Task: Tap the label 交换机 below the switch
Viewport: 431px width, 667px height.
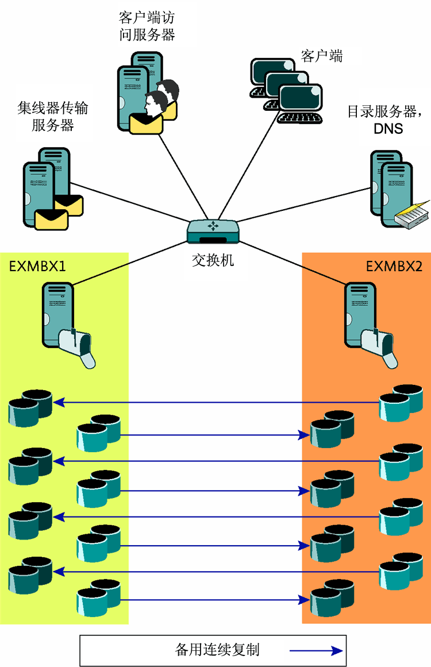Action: [213, 260]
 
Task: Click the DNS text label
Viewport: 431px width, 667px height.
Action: [388, 129]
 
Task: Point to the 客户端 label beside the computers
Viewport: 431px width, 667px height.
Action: [322, 56]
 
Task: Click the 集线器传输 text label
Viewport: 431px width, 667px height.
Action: [53, 108]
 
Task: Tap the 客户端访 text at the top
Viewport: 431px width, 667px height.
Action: [147, 17]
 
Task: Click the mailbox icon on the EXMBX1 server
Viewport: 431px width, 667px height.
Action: [78, 347]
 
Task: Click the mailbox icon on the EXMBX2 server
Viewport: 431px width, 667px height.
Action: [380, 346]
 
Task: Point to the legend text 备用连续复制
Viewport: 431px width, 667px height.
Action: [217, 650]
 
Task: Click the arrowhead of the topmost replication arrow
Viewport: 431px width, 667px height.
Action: [58, 403]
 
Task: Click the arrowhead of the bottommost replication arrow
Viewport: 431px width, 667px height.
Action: [304, 600]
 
